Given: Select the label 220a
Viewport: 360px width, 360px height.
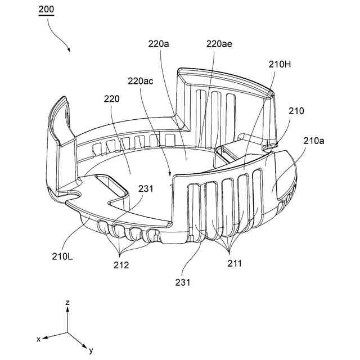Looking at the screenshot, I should (158, 43).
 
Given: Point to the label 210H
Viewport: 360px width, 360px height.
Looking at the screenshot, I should (280, 65).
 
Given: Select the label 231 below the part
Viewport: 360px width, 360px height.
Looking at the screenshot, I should (182, 282).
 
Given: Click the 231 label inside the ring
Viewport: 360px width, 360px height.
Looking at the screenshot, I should (145, 190).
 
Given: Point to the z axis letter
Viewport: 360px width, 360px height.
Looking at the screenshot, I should (67, 303).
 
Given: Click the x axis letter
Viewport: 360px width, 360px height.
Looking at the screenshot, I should (38, 339).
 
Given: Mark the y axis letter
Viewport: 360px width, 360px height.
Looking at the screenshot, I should (91, 351).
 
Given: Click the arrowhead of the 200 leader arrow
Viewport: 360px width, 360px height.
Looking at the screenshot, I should (70, 51).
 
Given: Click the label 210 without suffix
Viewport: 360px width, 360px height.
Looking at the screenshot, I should (296, 111).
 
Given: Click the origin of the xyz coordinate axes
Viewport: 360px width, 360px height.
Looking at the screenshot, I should (68, 332).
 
